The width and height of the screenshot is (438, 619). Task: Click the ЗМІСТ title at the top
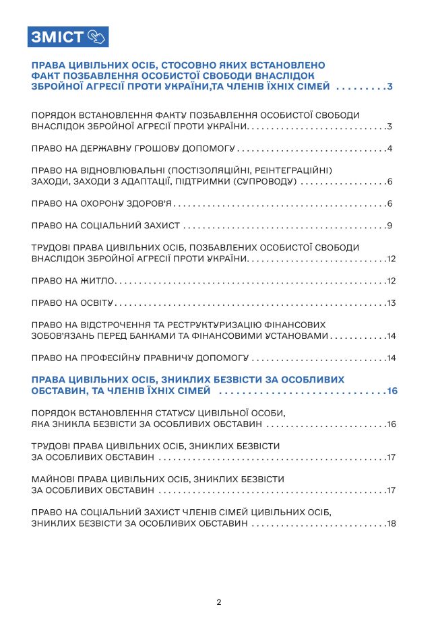(x=56, y=36)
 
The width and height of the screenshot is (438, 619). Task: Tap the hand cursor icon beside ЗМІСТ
(x=96, y=36)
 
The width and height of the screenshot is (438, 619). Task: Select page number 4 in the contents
(x=389, y=149)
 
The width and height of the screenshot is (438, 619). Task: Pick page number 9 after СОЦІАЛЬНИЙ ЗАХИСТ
(x=389, y=226)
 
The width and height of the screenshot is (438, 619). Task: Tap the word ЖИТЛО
(x=98, y=281)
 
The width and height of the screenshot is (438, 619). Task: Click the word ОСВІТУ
(x=98, y=302)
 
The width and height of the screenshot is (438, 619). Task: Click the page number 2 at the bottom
(x=219, y=602)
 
